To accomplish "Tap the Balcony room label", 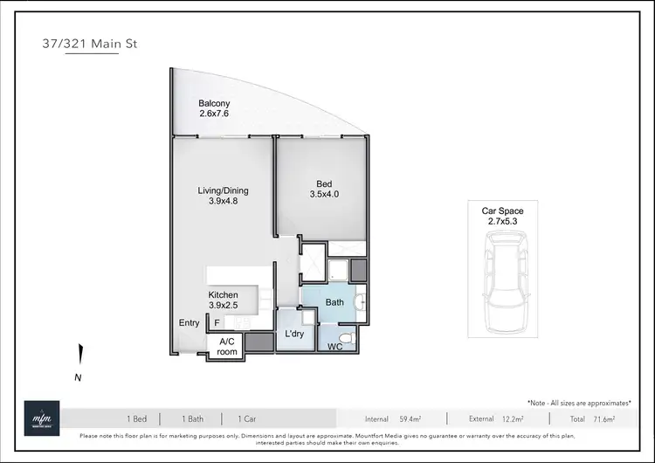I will (x=214, y=110).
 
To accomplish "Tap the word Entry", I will (x=190, y=323).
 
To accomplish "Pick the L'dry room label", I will (x=293, y=334).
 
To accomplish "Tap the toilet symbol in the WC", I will (x=346, y=336).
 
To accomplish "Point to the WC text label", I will (x=334, y=347).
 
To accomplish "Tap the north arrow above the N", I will (x=79, y=356).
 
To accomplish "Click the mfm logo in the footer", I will (x=42, y=417).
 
